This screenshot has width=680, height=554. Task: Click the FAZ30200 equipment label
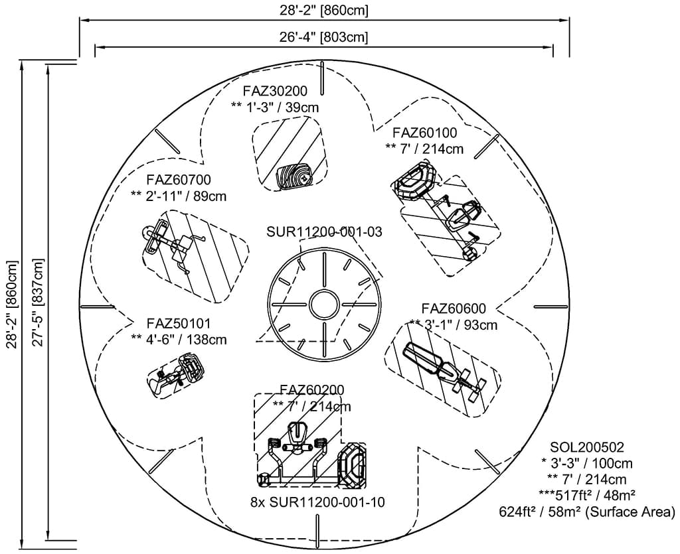tap(275, 92)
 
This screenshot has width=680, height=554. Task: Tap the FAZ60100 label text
tap(424, 133)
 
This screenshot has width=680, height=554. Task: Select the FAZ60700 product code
tap(179, 180)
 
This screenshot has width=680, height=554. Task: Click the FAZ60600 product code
tap(454, 309)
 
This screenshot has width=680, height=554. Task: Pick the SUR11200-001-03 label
tap(324, 232)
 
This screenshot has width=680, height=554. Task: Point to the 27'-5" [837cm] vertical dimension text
tap(38, 302)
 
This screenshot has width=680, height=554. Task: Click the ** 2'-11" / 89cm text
tap(179, 196)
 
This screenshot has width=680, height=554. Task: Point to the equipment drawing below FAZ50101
tap(176, 375)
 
